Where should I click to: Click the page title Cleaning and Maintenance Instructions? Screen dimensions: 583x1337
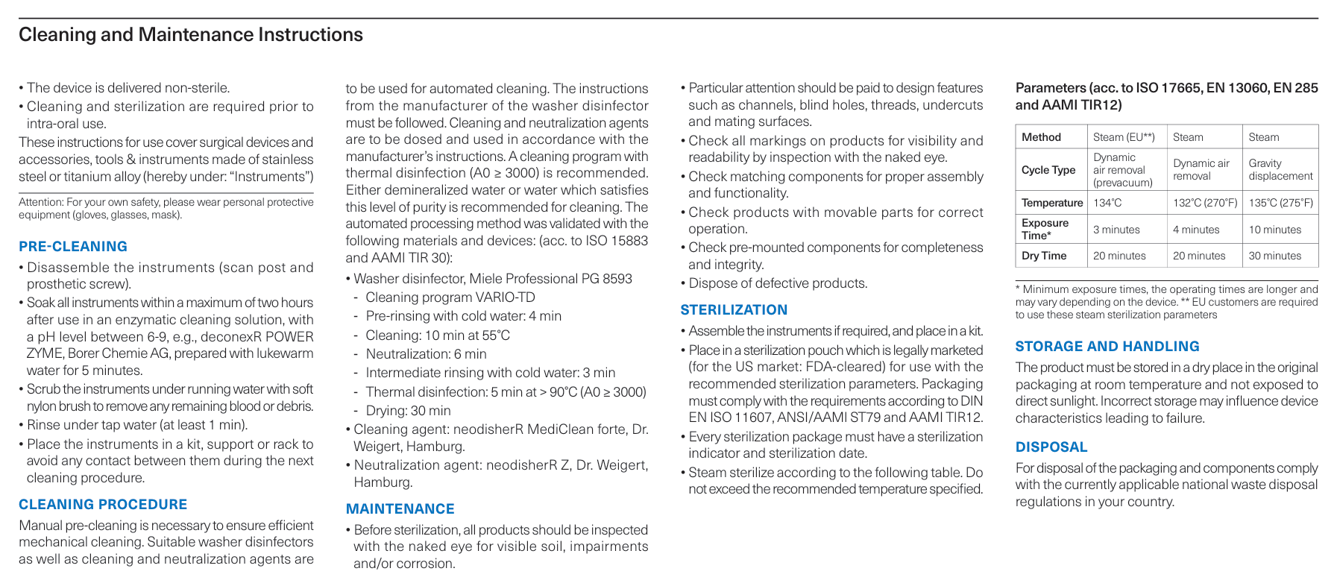pos(191,35)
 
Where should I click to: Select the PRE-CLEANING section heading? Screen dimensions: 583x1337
pos(73,247)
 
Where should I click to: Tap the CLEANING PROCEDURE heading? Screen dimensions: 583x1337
pos(103,505)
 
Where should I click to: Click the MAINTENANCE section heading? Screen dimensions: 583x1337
pos(400,509)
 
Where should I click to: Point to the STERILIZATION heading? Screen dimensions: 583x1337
pos(734,310)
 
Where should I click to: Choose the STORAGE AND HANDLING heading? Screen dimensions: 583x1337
pos(1107,347)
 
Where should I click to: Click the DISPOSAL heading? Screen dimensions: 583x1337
pos(1051,447)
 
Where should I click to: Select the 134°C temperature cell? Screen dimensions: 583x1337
pos(1107,203)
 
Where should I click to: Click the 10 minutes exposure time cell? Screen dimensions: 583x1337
pos(1275,230)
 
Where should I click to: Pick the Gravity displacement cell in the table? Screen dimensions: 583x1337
pos(1280,170)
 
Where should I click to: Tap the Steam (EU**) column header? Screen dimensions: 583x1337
pos(1124,137)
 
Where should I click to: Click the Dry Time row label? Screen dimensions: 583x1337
pos(1044,256)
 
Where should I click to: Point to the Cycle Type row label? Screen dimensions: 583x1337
pos(1048,170)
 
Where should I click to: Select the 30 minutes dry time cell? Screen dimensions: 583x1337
pos(1275,256)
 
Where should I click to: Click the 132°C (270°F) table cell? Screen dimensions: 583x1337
pos(1205,203)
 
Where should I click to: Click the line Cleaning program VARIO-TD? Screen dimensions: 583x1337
pos(450,297)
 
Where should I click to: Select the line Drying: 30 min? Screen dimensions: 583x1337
pos(408,411)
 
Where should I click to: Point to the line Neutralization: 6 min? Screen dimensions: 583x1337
pos(426,354)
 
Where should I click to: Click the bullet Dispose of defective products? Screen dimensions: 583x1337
pos(778,283)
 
